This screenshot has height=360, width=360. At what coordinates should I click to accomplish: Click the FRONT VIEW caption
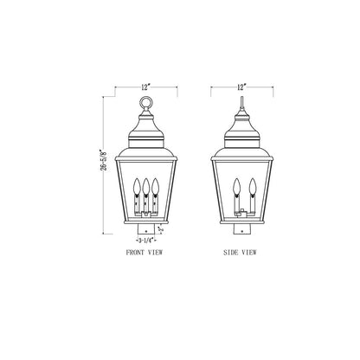(x=145, y=253)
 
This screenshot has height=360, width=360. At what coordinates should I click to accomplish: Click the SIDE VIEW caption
(x=240, y=253)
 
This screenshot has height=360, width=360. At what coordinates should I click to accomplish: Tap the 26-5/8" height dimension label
(x=104, y=160)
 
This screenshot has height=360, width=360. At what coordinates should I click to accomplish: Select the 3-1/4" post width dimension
(x=146, y=240)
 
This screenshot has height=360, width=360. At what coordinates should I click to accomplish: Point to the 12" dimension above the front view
(x=146, y=87)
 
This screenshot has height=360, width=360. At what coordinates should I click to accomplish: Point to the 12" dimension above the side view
(x=241, y=87)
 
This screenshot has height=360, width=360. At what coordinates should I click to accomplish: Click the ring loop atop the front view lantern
(x=145, y=102)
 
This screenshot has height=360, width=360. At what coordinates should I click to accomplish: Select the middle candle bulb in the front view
(x=146, y=186)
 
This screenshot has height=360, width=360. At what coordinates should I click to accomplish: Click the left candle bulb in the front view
(x=137, y=186)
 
